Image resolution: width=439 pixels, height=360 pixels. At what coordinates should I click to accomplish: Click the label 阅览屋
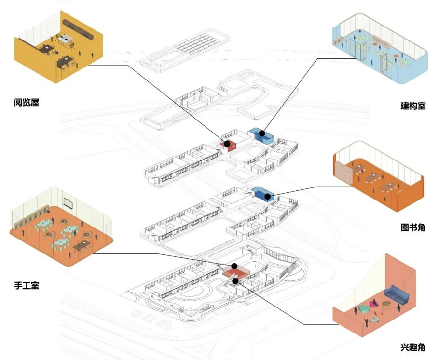pos(26,102)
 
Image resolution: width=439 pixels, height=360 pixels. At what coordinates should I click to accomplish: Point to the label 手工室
pos(26,285)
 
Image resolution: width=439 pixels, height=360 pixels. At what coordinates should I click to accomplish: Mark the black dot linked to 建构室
pos(262,133)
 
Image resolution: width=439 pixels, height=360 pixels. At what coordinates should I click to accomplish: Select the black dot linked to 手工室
pos(234,266)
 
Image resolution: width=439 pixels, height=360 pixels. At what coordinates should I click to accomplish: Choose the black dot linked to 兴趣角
pos(235,280)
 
